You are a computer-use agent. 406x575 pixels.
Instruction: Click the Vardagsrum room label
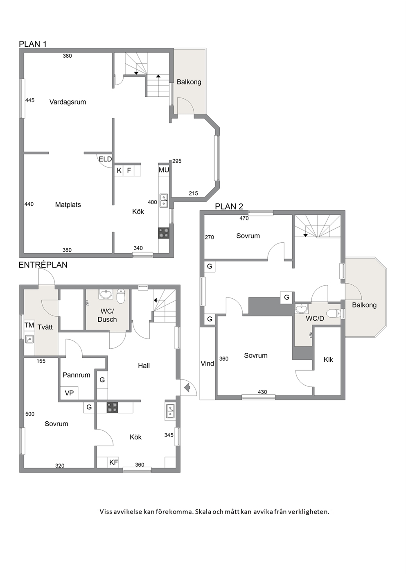click(x=68, y=102)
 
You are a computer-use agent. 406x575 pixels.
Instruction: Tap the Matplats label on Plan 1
click(x=68, y=205)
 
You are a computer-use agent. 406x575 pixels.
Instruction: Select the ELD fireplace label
click(x=105, y=159)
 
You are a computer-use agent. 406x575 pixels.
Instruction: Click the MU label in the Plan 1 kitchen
click(x=164, y=170)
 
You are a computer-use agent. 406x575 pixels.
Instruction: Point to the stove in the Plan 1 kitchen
click(x=164, y=233)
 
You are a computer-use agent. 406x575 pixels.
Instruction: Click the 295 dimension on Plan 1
click(x=177, y=161)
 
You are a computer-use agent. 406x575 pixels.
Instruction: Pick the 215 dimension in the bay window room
click(x=193, y=193)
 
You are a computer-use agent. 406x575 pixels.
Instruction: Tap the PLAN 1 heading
click(x=33, y=44)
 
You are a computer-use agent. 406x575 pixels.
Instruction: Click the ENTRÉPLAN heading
click(x=43, y=265)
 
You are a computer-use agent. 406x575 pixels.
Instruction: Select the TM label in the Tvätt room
click(x=29, y=325)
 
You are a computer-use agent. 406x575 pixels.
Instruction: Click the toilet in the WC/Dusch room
click(x=120, y=296)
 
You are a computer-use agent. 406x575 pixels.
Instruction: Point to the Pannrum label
click(x=77, y=375)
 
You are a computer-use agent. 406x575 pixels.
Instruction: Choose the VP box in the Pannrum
click(x=69, y=393)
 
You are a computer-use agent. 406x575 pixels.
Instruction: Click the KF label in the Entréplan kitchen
click(x=113, y=462)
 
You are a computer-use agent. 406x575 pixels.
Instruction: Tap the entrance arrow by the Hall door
click(x=187, y=388)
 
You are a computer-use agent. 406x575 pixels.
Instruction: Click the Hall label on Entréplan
click(x=144, y=366)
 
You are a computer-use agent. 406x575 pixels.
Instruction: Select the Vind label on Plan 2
click(x=208, y=364)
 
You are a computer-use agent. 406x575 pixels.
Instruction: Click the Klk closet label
click(x=328, y=360)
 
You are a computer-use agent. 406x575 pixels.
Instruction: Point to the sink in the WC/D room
click(x=301, y=309)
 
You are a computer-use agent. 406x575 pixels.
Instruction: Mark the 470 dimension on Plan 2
click(x=244, y=218)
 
